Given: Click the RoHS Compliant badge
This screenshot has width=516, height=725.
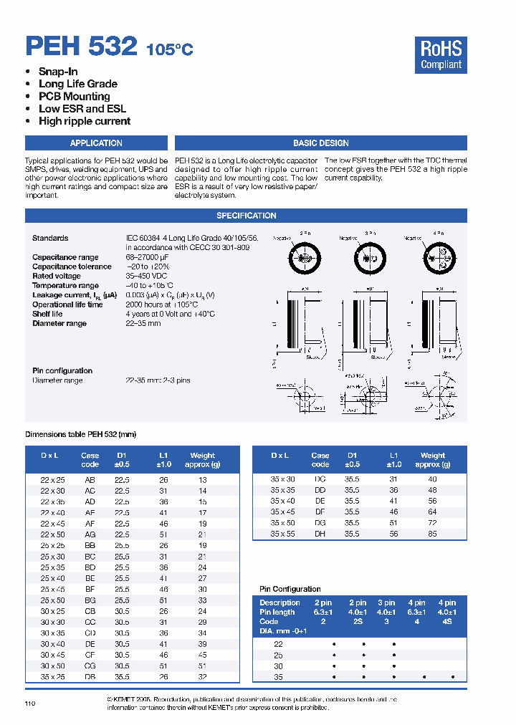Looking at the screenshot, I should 441,55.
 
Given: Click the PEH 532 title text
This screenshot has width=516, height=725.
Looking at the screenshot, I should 81,47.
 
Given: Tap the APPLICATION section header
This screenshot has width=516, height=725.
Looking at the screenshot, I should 97,143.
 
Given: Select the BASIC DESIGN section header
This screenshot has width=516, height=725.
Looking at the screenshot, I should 320,143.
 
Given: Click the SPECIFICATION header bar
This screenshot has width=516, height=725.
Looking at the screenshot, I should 246,216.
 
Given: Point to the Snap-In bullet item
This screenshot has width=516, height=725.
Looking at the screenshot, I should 58,72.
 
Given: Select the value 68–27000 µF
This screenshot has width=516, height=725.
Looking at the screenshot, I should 148,257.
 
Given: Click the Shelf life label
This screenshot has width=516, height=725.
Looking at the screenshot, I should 47,314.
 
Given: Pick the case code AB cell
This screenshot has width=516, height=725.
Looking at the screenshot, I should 90,480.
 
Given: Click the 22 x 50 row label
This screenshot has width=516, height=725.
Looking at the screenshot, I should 52,535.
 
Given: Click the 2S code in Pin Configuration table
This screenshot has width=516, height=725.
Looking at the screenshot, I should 363,622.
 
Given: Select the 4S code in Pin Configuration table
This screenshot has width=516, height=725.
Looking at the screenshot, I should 450,622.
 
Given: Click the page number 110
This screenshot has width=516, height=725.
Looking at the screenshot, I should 30,704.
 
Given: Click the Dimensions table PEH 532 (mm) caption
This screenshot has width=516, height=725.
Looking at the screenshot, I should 80,434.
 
